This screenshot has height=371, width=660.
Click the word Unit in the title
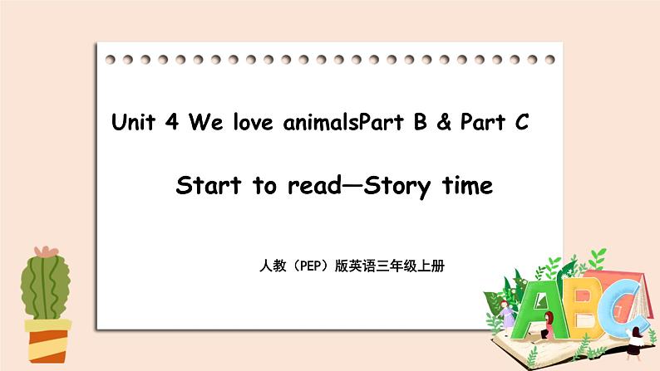138,124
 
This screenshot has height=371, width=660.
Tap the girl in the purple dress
505,315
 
